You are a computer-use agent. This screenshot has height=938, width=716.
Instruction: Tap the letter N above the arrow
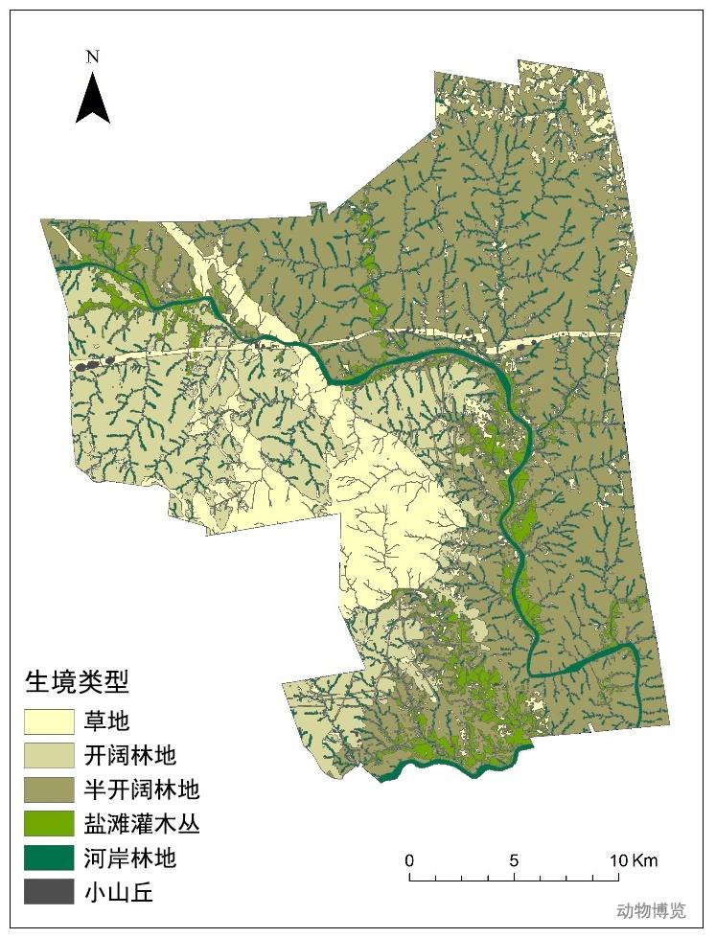pyautogui.click(x=93, y=57)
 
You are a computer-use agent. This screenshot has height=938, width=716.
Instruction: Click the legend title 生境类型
pyautogui.click(x=77, y=682)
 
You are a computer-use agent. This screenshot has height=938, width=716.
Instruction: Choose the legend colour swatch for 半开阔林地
pyautogui.click(x=49, y=789)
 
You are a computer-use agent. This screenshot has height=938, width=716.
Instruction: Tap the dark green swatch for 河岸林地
pyautogui.click(x=49, y=858)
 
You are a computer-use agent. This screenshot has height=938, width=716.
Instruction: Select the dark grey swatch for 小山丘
pyautogui.click(x=49, y=892)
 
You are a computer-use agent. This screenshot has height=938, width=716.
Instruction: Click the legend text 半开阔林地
pyautogui.click(x=142, y=789)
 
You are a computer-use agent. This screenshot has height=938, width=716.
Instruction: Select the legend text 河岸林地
pyautogui.click(x=130, y=858)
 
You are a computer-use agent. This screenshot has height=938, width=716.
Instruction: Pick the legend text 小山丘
pyautogui.click(x=119, y=892)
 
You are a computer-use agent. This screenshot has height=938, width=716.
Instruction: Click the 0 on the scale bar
pyautogui.click(x=409, y=859)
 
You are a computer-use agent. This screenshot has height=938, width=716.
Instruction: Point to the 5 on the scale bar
pyautogui.click(x=514, y=859)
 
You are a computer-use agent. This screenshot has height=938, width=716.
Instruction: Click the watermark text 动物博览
pyautogui.click(x=651, y=910)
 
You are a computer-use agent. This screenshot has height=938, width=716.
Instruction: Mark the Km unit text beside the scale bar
pyautogui.click(x=645, y=859)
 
